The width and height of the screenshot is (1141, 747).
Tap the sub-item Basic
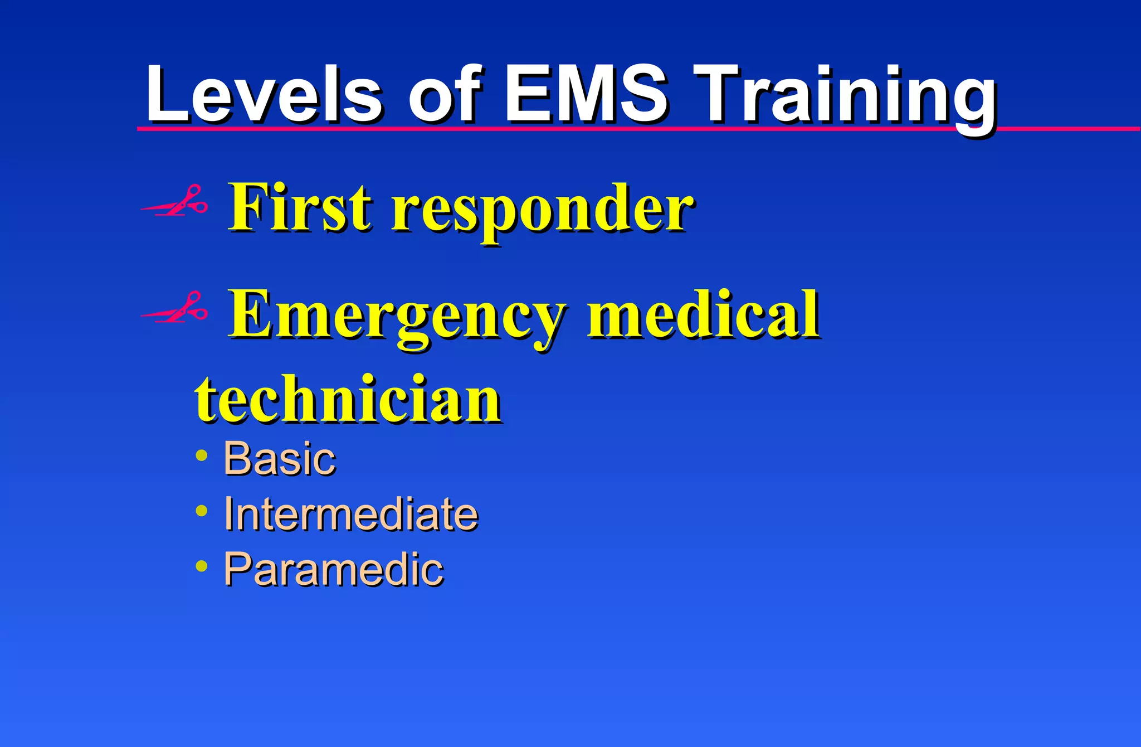(x=280, y=459)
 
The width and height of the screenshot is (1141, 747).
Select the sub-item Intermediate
(x=351, y=514)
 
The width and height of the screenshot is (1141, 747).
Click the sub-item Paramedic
(x=333, y=569)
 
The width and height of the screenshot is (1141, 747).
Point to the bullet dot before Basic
(x=202, y=455)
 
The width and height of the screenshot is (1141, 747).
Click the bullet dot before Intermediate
(x=202, y=511)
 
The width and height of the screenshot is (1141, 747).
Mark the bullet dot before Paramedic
(x=202, y=566)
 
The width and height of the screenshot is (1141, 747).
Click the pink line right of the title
(x=1070, y=129)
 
